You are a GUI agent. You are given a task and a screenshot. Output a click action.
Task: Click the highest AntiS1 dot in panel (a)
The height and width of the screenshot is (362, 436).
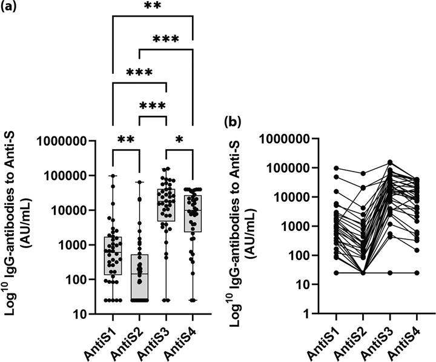[x=112, y=176]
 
